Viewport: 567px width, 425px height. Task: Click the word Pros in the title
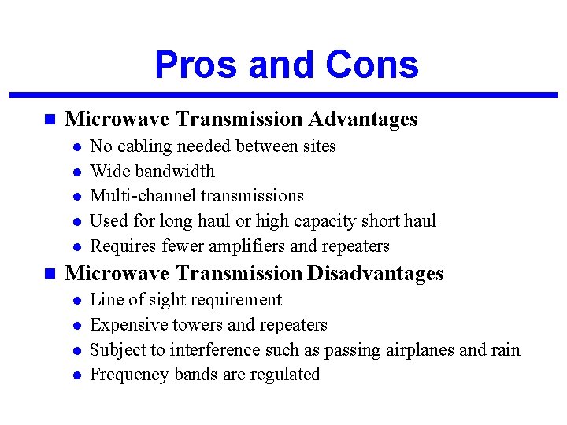[x=197, y=65]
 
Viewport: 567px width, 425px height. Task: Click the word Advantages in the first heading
[x=363, y=120]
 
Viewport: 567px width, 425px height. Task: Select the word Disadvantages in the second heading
[x=376, y=274]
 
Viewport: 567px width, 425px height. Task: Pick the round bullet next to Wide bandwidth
[x=76, y=172]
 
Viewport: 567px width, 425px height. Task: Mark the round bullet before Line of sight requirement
[x=76, y=301]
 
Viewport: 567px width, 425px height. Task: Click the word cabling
[x=145, y=147]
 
